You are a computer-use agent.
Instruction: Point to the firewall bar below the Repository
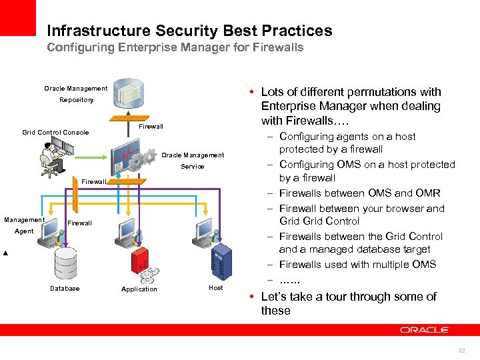[127, 119]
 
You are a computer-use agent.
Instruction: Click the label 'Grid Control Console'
[55, 132]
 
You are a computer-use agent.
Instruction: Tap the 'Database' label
[65, 289]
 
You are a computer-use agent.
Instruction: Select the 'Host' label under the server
[216, 288]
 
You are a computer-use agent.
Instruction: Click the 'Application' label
[139, 289]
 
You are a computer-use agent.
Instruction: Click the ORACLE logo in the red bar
[425, 329]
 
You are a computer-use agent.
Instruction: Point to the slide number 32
[461, 351]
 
